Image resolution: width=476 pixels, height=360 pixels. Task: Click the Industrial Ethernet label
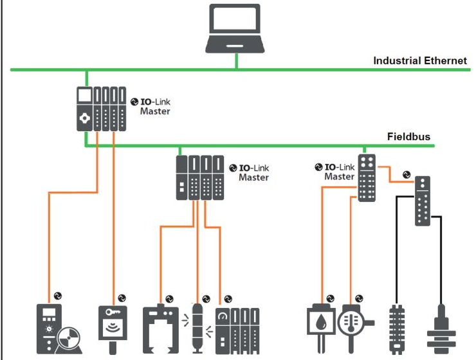420,61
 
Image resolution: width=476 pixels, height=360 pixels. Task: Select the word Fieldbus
408,136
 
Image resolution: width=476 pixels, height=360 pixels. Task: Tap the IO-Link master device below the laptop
100,109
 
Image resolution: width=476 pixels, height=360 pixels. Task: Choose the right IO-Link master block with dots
367,177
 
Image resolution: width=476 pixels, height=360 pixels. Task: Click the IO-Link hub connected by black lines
423,200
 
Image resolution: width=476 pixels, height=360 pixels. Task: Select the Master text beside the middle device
253,177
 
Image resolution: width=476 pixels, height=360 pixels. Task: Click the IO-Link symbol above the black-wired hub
405,174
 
